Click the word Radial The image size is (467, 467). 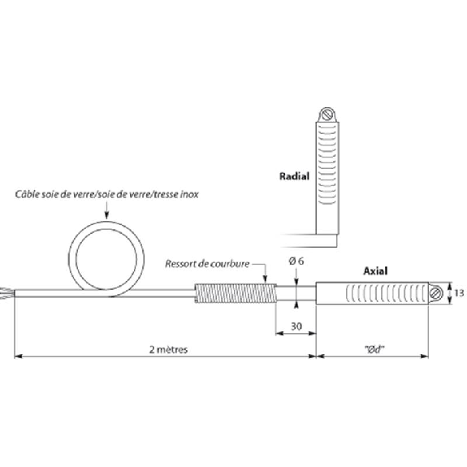point(294,176)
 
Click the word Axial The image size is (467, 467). point(375,270)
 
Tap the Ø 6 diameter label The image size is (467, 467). point(296,262)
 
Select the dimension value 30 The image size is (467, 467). point(296,326)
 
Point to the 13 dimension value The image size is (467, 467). point(459,293)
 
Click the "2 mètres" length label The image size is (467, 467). point(169,349)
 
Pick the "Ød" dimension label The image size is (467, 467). point(374,349)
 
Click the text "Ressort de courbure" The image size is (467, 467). point(207,264)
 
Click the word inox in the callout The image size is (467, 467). point(190,194)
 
